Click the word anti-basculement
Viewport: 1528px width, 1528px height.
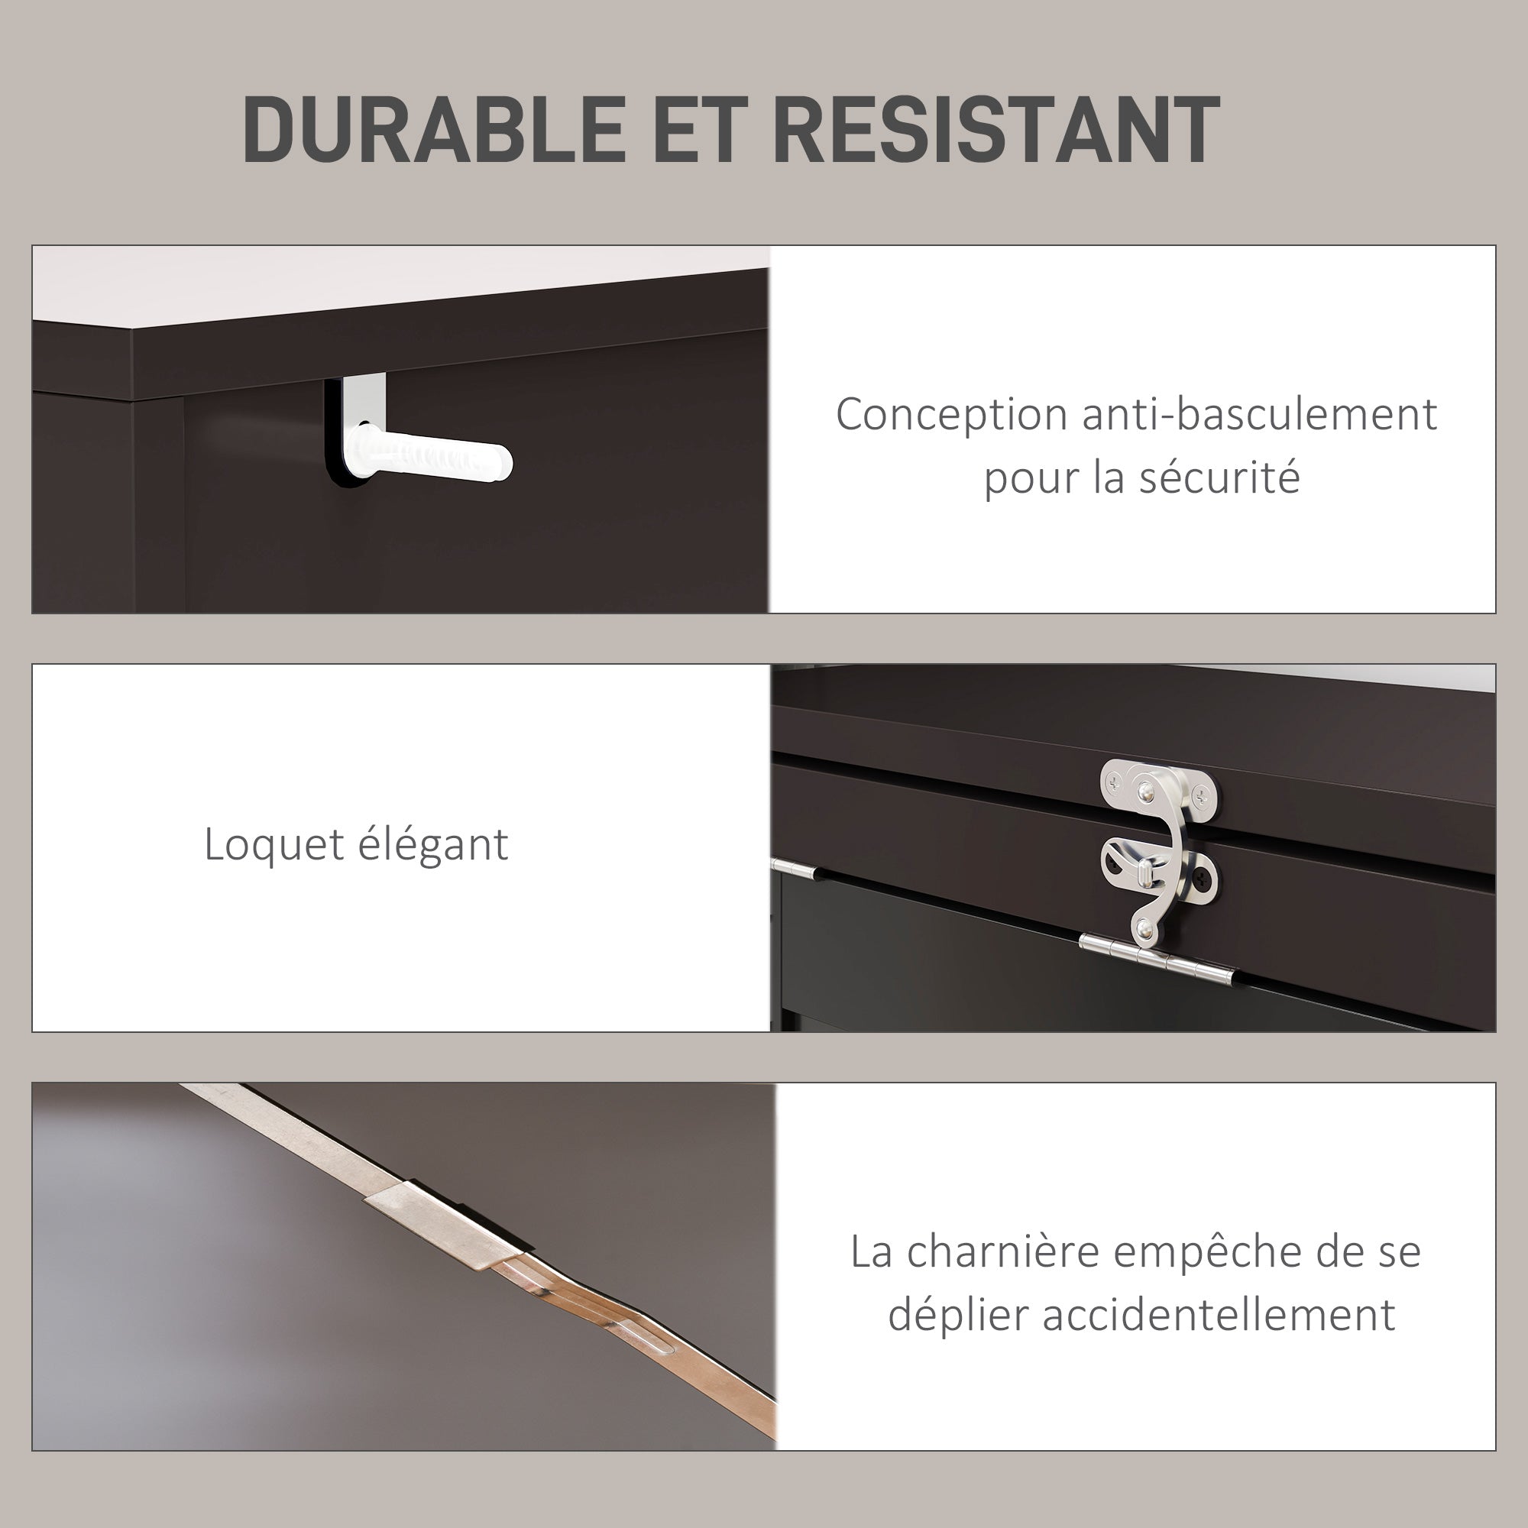pyautogui.click(x=1259, y=414)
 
